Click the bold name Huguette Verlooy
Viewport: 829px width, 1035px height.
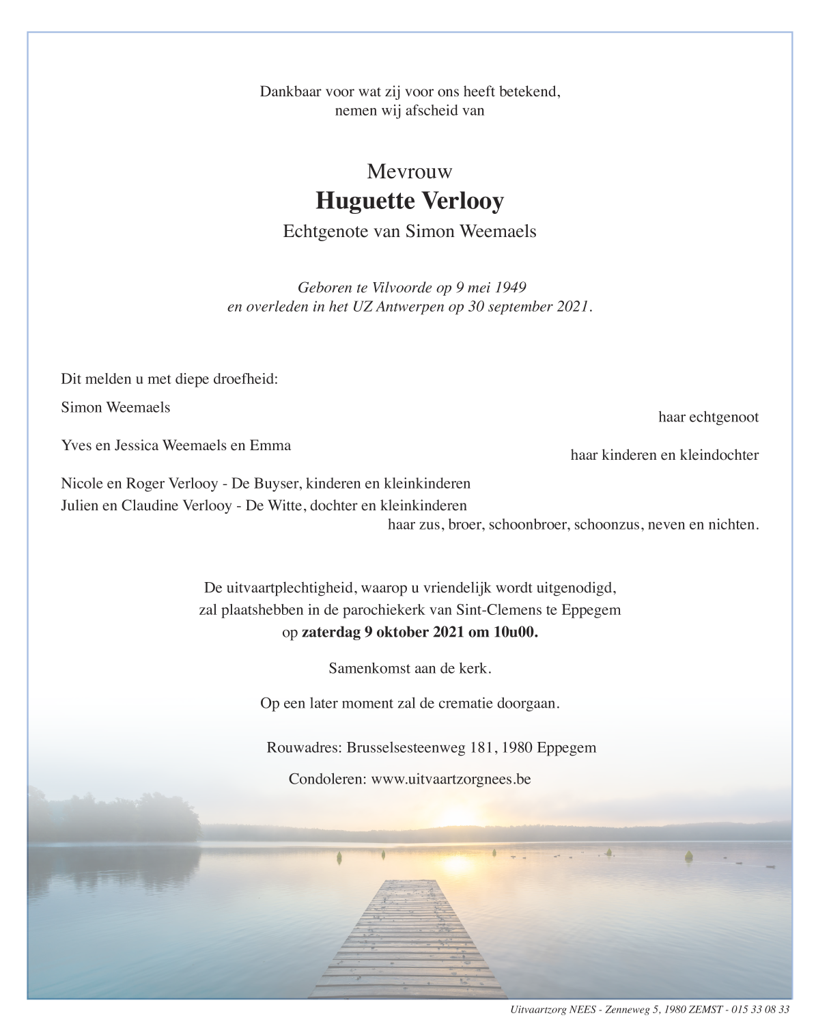coord(409,201)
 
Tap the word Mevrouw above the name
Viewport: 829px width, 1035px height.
coord(409,171)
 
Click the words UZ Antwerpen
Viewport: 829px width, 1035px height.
coord(397,307)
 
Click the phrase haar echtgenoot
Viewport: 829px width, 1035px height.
coord(708,417)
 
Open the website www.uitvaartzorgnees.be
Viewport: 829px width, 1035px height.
coord(451,779)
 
